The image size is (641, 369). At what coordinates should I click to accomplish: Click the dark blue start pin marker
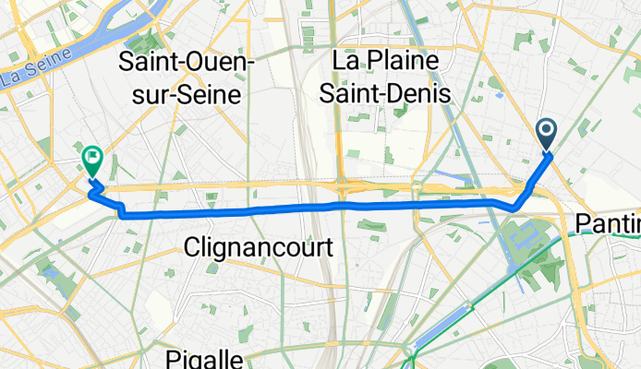[546, 135]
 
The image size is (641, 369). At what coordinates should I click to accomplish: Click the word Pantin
[608, 223]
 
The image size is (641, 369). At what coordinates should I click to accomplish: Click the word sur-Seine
[181, 93]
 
